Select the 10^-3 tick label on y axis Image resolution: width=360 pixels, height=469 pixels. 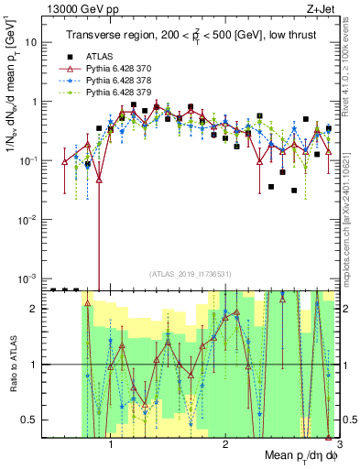pos(27,278)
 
